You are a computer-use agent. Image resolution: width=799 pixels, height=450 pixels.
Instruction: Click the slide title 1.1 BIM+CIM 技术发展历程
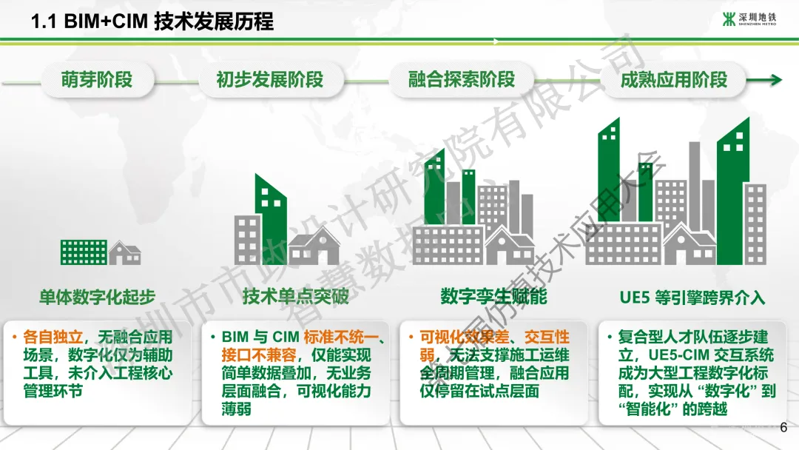pos(152,21)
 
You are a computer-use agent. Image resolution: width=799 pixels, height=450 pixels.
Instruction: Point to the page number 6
pos(783,427)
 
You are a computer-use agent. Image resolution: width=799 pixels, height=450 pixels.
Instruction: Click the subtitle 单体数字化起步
pos(97,298)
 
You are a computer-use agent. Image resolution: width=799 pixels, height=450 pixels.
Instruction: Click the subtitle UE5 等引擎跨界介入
pos(692,298)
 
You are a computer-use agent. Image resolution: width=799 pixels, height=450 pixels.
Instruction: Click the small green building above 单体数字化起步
pos(83,252)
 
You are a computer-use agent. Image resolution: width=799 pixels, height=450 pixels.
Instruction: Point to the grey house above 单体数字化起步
pos(125,254)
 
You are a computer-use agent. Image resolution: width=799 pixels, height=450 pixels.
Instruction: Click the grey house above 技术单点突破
pos(315,246)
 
